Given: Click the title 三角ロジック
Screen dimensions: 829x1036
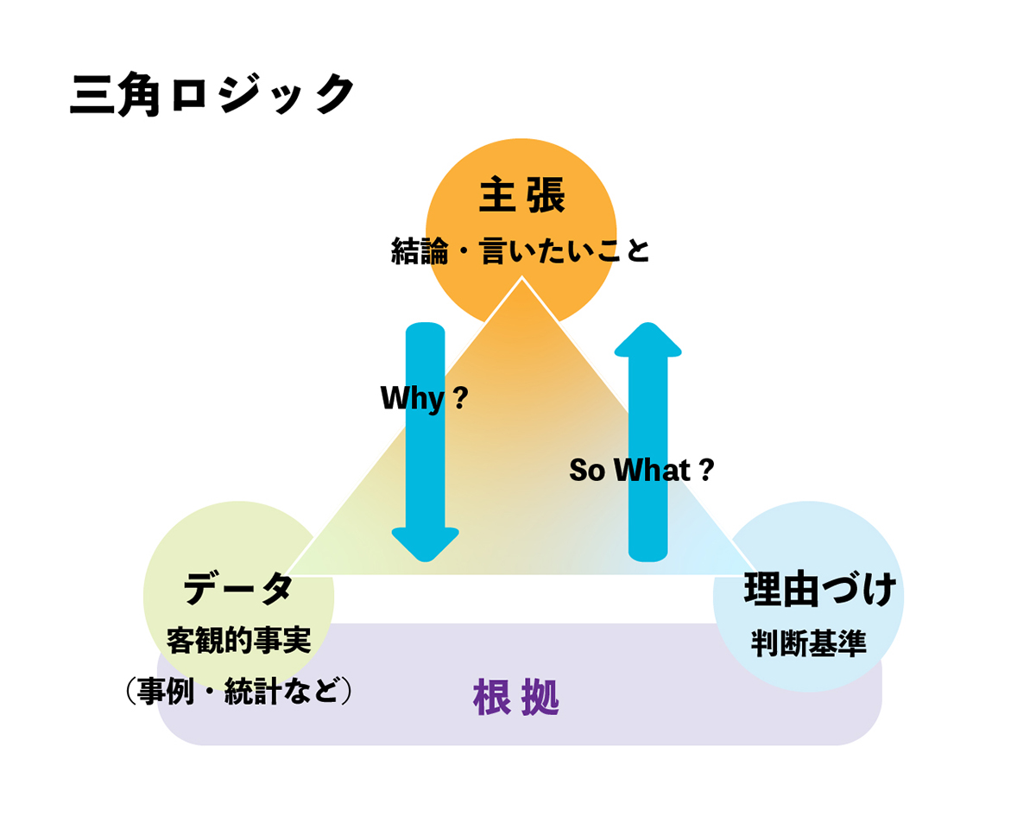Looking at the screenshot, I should pyautogui.click(x=212, y=94).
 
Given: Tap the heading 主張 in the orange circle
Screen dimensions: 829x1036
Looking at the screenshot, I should pyautogui.click(x=521, y=195).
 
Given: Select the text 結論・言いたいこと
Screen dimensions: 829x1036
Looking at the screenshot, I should pyautogui.click(x=521, y=251).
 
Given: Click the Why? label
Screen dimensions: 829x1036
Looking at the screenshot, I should pyautogui.click(x=424, y=398).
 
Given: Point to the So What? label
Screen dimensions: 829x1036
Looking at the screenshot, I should pyautogui.click(x=641, y=470).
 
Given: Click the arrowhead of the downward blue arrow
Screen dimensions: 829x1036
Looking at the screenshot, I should pyautogui.click(x=425, y=544).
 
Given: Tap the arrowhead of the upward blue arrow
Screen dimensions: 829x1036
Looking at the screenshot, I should pyautogui.click(x=647, y=339).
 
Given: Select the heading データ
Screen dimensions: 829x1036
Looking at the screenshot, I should pyautogui.click(x=238, y=590).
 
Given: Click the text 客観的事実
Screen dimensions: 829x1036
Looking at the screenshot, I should pyautogui.click(x=238, y=641).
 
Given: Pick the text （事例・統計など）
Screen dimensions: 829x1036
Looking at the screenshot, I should pyautogui.click(x=238, y=692).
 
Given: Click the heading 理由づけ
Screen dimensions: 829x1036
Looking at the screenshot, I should pyautogui.click(x=819, y=591).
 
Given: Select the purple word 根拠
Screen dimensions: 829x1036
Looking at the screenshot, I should pyautogui.click(x=516, y=698).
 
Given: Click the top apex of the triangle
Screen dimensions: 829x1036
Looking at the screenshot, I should pyautogui.click(x=521, y=279).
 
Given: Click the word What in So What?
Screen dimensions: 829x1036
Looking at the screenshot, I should pyautogui.click(x=652, y=470).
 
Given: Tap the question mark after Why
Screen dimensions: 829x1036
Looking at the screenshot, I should pyautogui.click(x=460, y=398).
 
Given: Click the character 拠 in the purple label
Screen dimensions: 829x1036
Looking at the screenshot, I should pyautogui.click(x=540, y=698).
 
